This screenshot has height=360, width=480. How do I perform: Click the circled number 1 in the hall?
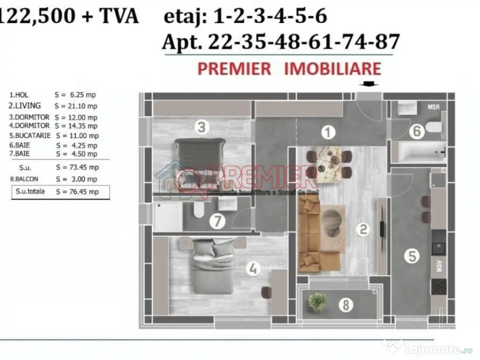[x=329, y=132]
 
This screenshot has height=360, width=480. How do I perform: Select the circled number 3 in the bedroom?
[x=202, y=127]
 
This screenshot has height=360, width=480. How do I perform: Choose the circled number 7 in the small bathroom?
[x=217, y=221]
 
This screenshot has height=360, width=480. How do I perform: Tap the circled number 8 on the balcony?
[x=346, y=306]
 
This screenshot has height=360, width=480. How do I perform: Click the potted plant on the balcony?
[x=318, y=302]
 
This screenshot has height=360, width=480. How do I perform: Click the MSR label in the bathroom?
[x=434, y=107]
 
